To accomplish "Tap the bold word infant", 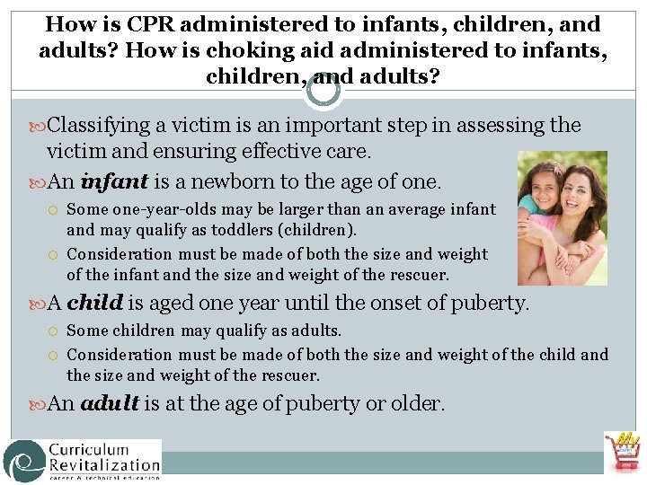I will point(114,182).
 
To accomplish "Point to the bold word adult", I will point(110,404).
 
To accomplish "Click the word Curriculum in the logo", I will point(89,449).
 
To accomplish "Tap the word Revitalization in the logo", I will point(104,465).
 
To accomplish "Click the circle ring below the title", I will point(323,90).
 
